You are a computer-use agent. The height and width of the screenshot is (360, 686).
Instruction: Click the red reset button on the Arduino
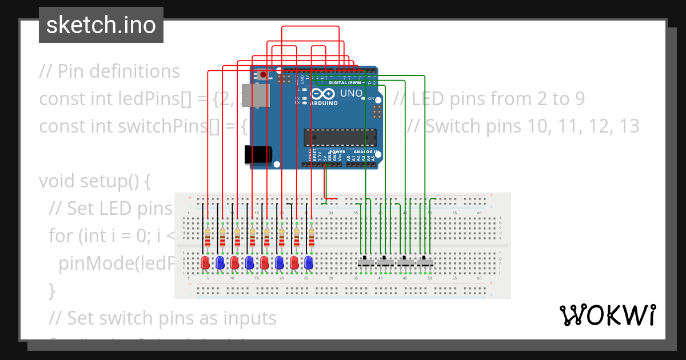pyautogui.click(x=262, y=74)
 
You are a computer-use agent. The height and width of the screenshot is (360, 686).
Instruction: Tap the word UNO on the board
pyautogui.click(x=351, y=94)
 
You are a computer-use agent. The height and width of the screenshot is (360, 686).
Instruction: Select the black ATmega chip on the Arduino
pyautogui.click(x=341, y=138)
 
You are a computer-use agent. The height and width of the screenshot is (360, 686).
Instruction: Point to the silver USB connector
pyautogui.click(x=260, y=95)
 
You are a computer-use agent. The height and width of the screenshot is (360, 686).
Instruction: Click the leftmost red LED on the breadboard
pyautogui.click(x=205, y=262)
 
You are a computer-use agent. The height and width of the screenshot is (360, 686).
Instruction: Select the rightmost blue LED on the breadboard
pyautogui.click(x=309, y=262)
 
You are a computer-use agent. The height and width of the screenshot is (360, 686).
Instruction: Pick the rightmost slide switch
pyautogui.click(x=425, y=262)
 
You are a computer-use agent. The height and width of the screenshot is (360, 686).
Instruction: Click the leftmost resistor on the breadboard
pyautogui.click(x=208, y=235)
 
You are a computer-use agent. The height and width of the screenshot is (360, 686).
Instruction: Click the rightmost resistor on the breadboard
pyautogui.click(x=311, y=235)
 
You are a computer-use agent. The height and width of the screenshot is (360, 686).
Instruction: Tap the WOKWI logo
pyautogui.click(x=607, y=315)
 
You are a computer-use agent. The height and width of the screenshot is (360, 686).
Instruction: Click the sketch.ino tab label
pyautogui.click(x=101, y=25)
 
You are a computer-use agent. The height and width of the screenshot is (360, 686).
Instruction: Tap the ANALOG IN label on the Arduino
pyautogui.click(x=362, y=151)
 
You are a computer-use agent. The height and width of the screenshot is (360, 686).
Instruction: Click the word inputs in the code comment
pyautogui.click(x=248, y=318)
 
